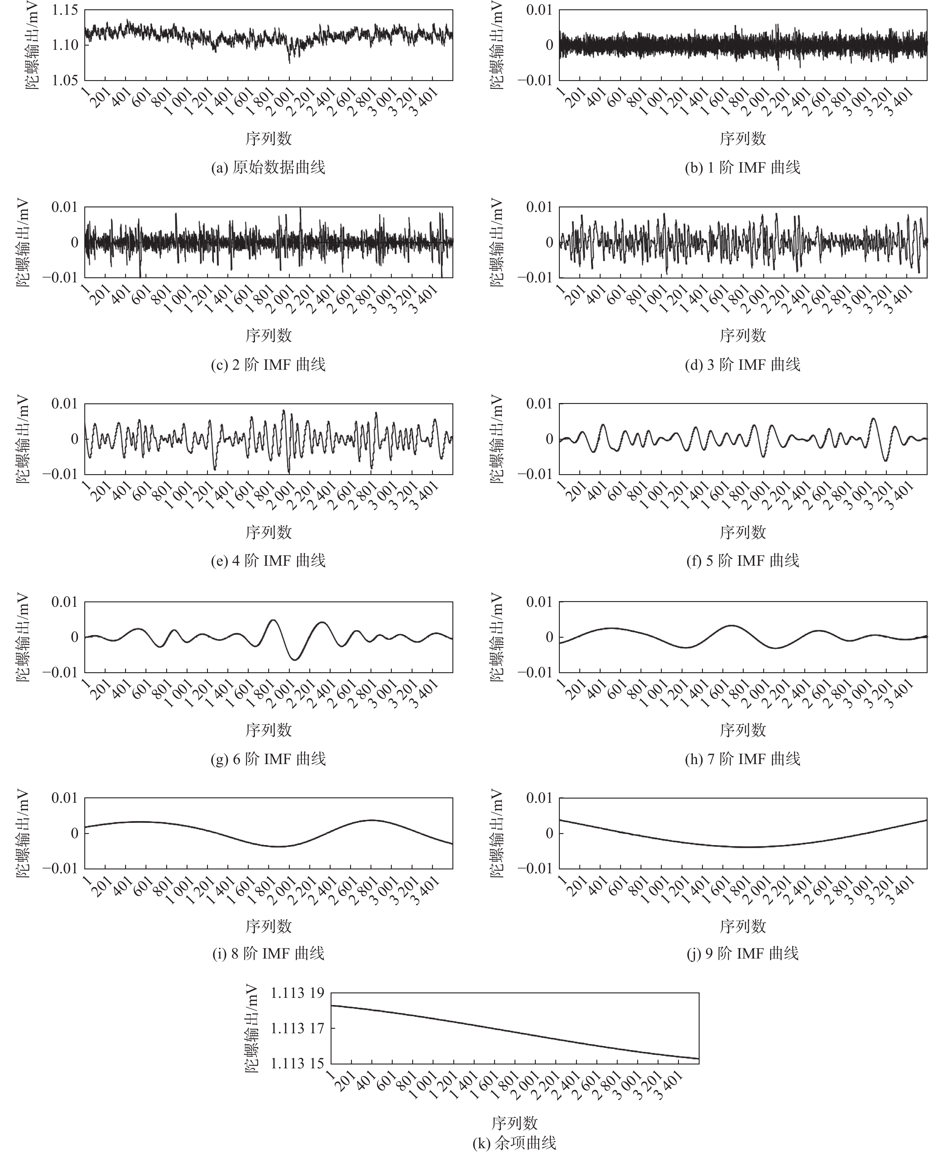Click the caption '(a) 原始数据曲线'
pos(268,167)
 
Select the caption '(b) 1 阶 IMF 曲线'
pos(742,167)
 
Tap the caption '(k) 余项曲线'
pos(514,1142)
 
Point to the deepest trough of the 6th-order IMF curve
pos(295,660)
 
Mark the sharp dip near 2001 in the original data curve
pos(289,63)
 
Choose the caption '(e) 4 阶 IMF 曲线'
pos(268,560)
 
